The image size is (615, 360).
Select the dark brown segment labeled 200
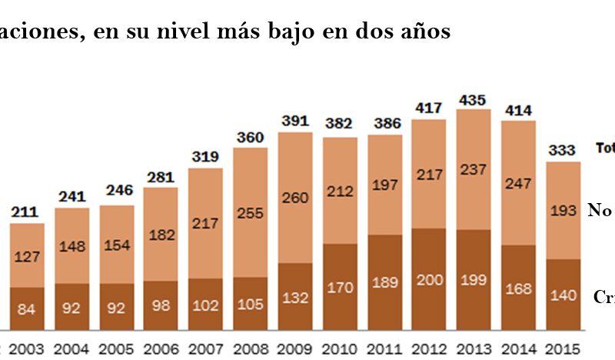tap(429, 278)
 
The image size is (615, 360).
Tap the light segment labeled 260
tap(295, 197)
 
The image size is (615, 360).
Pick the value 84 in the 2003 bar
tap(27, 310)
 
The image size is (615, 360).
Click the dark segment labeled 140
tap(563, 295)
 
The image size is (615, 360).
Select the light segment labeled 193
tap(563, 210)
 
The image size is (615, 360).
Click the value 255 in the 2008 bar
tap(251, 211)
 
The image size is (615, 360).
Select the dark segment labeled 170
tap(340, 288)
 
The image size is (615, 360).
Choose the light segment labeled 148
tap(72, 246)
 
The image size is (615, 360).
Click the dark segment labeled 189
tap(384, 282)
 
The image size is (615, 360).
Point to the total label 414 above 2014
tap(518, 111)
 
